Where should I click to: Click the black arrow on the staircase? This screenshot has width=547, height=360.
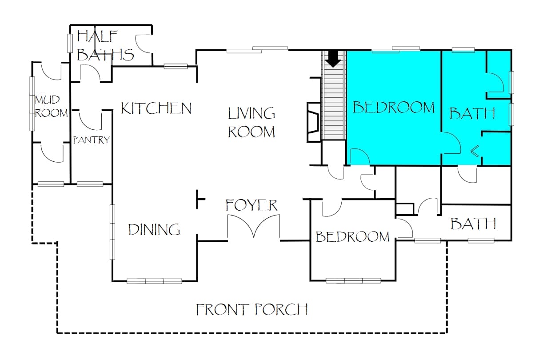333,59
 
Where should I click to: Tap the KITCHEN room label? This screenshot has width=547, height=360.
156,108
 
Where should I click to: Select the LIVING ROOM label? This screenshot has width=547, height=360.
252,123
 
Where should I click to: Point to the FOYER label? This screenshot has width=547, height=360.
252,205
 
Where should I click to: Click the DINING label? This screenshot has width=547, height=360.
154,230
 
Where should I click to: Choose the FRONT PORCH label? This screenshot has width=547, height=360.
252,309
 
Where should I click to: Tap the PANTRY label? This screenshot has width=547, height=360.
92,140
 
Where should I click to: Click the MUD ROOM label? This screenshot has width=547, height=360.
51,107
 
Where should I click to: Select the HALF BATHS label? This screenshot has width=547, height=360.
105,46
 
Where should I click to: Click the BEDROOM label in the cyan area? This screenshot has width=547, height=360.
394,108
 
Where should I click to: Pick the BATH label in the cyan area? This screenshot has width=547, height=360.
472,113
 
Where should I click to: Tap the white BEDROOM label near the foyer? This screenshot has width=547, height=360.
352,236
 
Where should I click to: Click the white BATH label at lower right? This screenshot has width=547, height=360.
473,224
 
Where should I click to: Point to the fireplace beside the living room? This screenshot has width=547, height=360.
314,122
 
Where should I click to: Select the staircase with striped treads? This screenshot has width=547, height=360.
334,95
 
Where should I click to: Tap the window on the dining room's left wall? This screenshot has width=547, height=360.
112,232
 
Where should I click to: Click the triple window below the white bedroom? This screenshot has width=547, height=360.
353,280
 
